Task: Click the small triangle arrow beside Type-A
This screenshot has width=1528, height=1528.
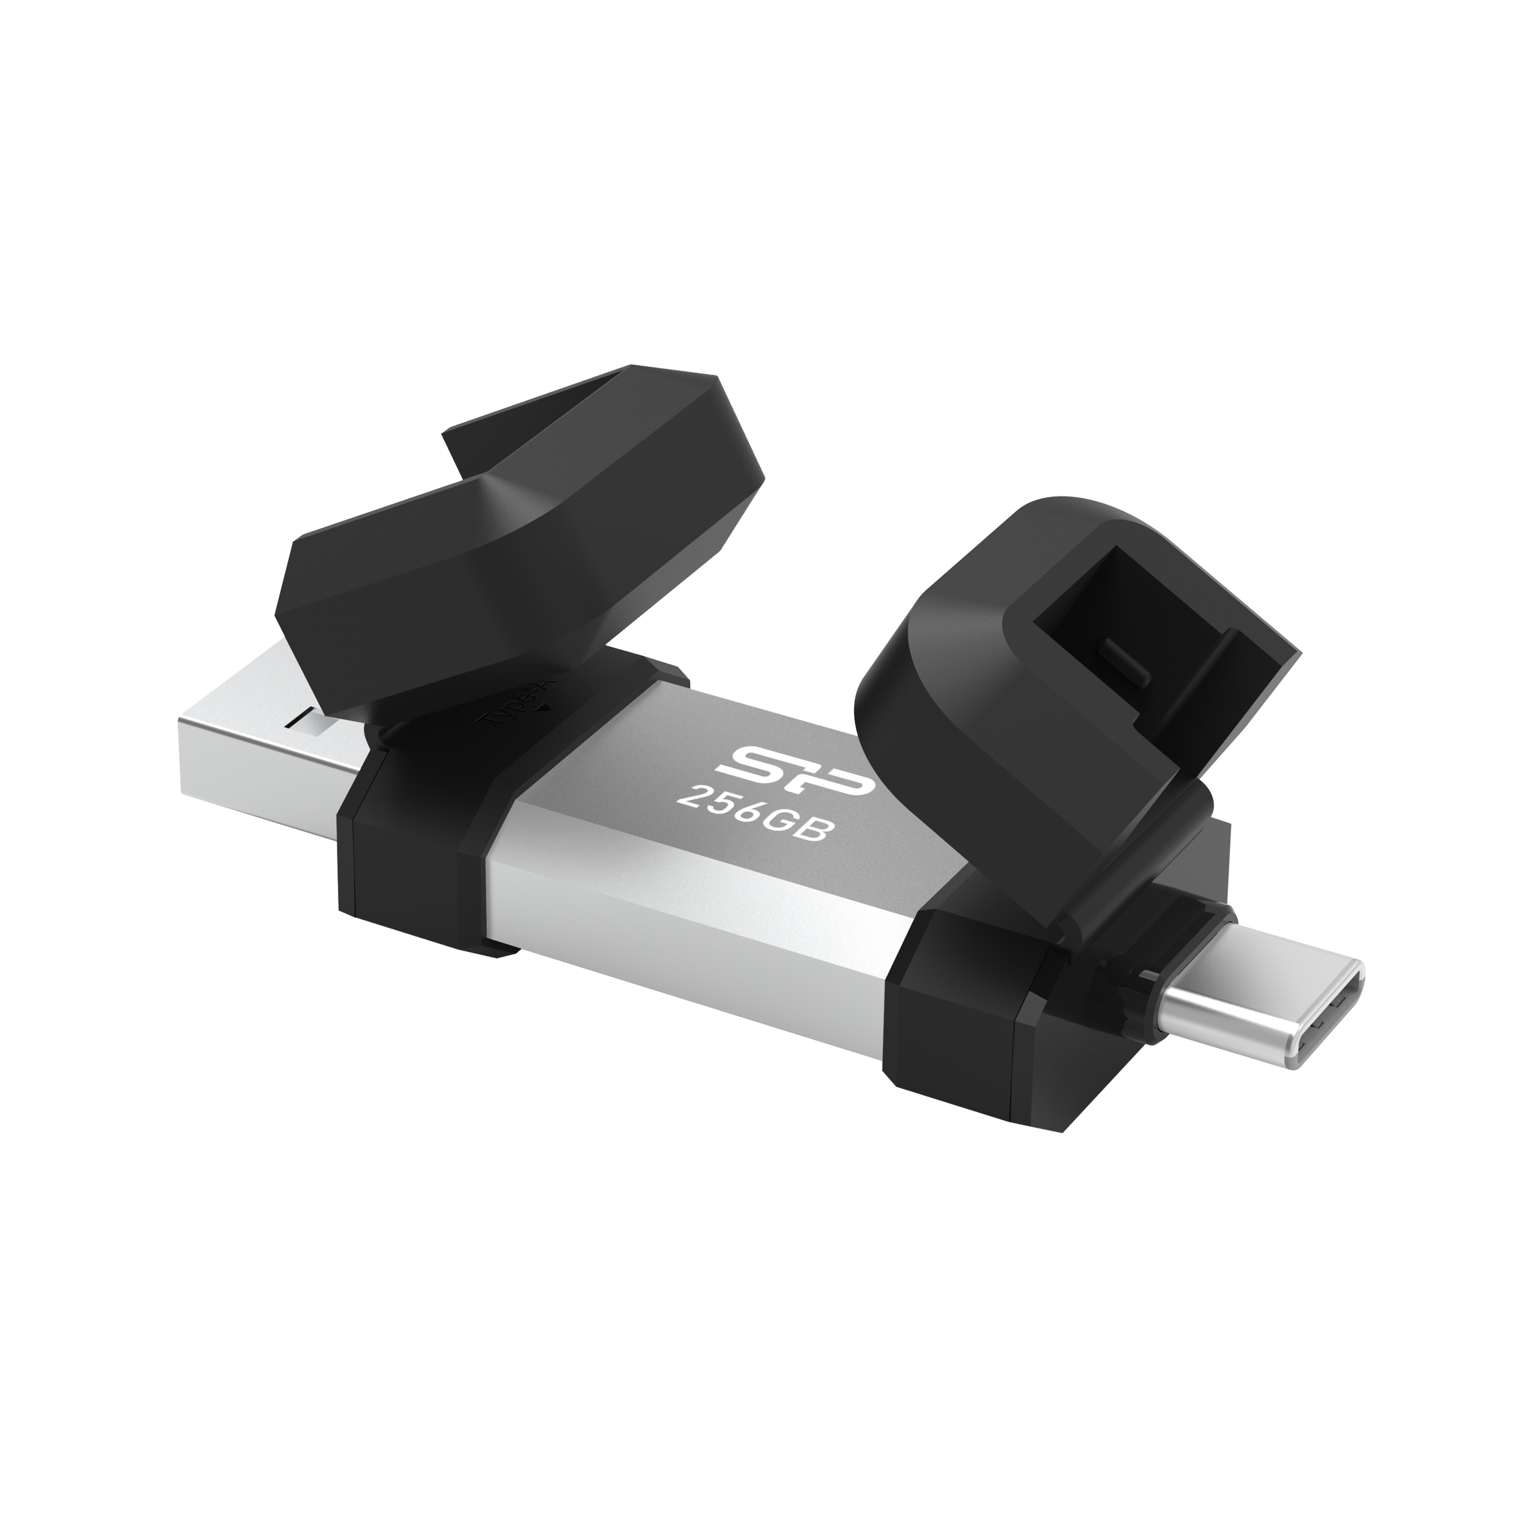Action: coord(542,708)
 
